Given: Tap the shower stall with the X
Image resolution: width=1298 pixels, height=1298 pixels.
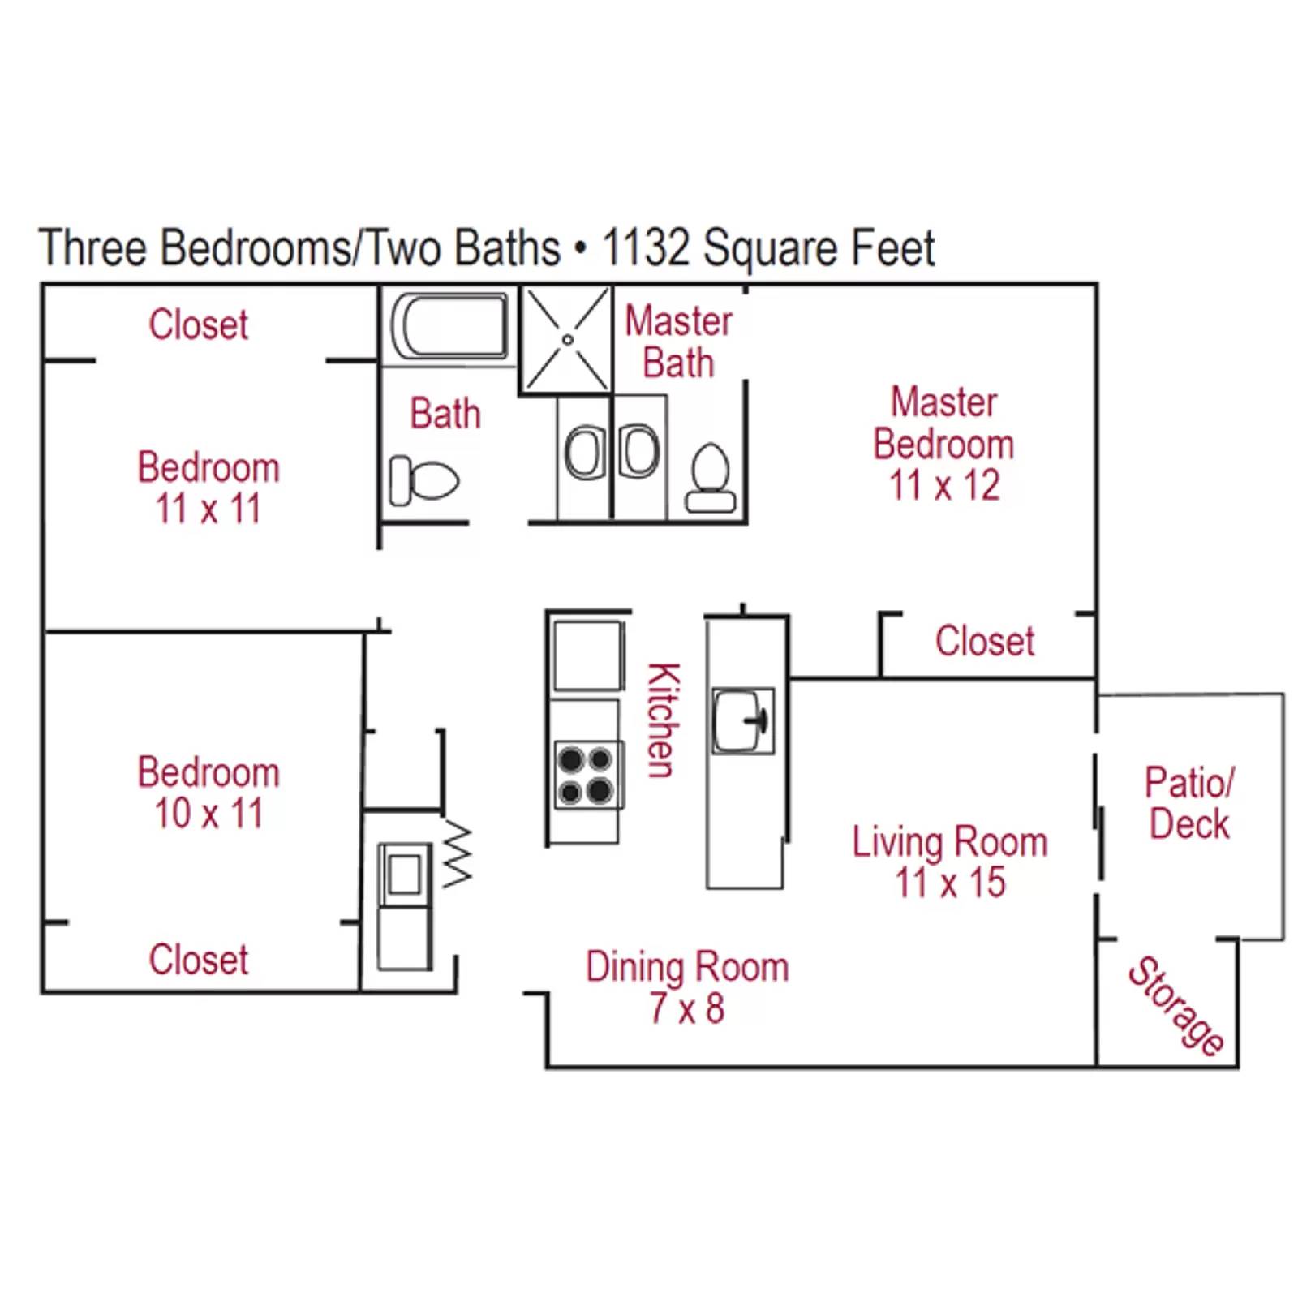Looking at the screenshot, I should pos(567,339).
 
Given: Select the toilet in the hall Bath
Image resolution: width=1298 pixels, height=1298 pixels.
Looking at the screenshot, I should pos(423,480).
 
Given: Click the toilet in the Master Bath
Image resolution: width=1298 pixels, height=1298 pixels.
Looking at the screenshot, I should pos(711,479).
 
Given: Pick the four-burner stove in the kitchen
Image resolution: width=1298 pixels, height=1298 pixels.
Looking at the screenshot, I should pos(587,775).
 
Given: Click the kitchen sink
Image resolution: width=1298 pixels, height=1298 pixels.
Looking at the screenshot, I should pos(742,720).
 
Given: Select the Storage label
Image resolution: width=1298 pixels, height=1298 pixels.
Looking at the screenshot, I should pos(1176,1006).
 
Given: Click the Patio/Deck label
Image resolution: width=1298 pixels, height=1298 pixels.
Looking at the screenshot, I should pos(1189,803).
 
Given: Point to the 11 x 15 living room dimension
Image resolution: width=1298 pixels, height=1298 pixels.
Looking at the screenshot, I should pos(950,883).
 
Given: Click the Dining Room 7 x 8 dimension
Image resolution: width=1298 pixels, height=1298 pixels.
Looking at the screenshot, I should pos(686,1008).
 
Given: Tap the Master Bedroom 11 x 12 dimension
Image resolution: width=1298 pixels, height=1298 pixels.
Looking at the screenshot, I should pos(944,486).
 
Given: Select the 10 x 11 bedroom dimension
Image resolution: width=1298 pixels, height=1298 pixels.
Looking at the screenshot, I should pos(208,814).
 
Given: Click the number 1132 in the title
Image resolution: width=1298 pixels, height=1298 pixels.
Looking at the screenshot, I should pos(646,247).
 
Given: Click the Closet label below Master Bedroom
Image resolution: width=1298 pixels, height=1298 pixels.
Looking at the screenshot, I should pos(984,641).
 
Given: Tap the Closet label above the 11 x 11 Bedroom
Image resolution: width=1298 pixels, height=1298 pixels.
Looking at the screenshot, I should pos(198,324).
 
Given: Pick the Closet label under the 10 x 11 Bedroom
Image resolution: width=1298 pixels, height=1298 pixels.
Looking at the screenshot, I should pos(198,959).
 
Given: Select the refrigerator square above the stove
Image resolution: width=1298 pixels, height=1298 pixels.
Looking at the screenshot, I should pos(587,655).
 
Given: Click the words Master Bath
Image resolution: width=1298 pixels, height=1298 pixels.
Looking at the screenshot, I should pos(678,342).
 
